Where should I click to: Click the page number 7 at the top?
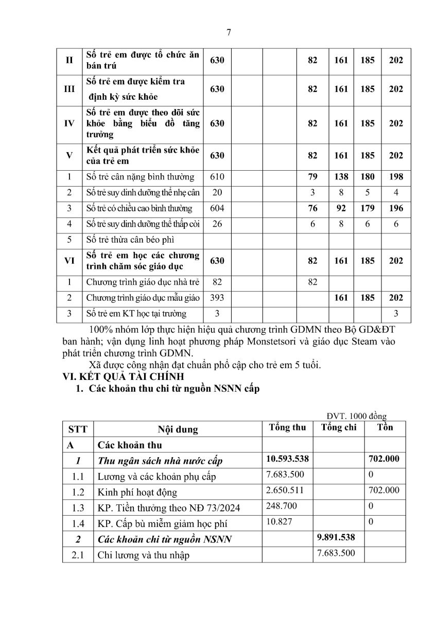coord(229,32)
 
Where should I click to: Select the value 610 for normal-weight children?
coord(217,177)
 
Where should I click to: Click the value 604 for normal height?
coord(217,208)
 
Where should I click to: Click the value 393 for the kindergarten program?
coord(217,298)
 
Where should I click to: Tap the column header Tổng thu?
coord(287,428)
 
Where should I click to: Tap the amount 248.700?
coord(282,506)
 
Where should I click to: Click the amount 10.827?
coord(279,521)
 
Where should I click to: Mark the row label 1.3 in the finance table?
coord(78,508)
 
